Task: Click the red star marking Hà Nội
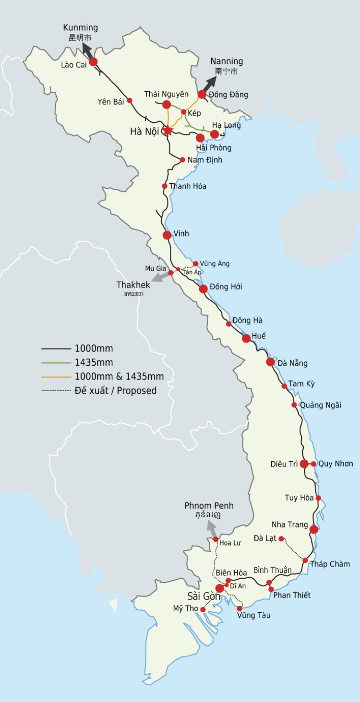pos(168,130)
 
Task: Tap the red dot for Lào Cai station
pos(93,61)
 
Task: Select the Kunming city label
pos(80,28)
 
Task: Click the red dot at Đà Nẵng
pos(270,362)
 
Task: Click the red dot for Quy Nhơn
pos(313,464)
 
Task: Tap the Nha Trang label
pos(289,524)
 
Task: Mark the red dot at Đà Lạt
pos(281,538)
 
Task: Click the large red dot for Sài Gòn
pos(219,588)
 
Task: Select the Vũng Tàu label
pos(253,615)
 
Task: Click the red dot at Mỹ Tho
pos(203,609)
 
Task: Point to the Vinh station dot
pos(167,235)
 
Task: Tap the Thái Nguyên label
pos(167,94)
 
